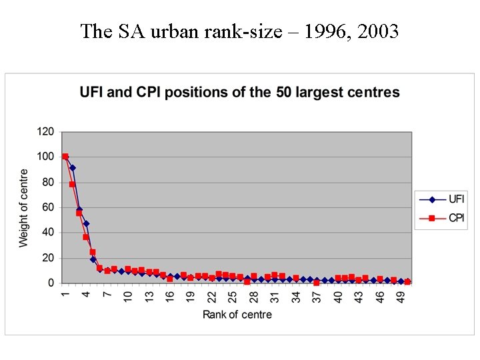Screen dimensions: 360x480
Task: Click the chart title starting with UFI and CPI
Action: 240,93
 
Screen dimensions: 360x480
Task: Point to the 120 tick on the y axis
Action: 45,131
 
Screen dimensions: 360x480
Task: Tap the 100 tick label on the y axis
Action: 45,157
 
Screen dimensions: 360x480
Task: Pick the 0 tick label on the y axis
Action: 51,283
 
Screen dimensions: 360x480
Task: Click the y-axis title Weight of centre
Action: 24,208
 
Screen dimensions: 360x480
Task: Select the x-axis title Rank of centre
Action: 237,315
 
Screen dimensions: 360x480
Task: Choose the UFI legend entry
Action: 456,199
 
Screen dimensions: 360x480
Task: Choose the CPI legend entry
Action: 456,217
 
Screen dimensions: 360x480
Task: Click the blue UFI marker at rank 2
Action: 72,168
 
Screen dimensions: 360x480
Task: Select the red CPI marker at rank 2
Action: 72,184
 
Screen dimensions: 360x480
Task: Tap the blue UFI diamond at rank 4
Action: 86,224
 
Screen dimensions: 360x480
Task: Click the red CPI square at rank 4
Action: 86,237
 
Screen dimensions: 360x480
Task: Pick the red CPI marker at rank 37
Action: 317,283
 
